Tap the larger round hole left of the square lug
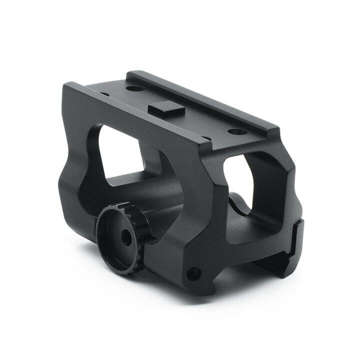(133, 88)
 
